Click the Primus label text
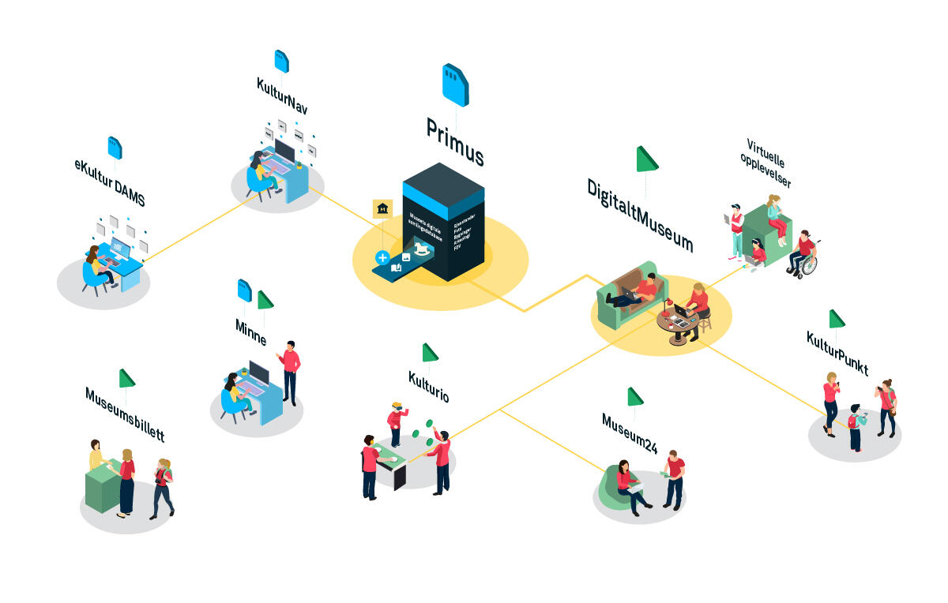pyautogui.click(x=454, y=141)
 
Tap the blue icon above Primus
pyautogui.click(x=455, y=85)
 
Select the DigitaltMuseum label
pyautogui.click(x=639, y=215)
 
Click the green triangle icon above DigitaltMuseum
pyautogui.click(x=647, y=159)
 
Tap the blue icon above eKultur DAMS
pyautogui.click(x=115, y=147)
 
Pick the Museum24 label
pyautogui.click(x=629, y=433)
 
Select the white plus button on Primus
pyautogui.click(x=382, y=257)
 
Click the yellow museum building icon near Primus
pyautogui.click(x=383, y=209)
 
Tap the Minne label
pyautogui.click(x=250, y=333)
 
